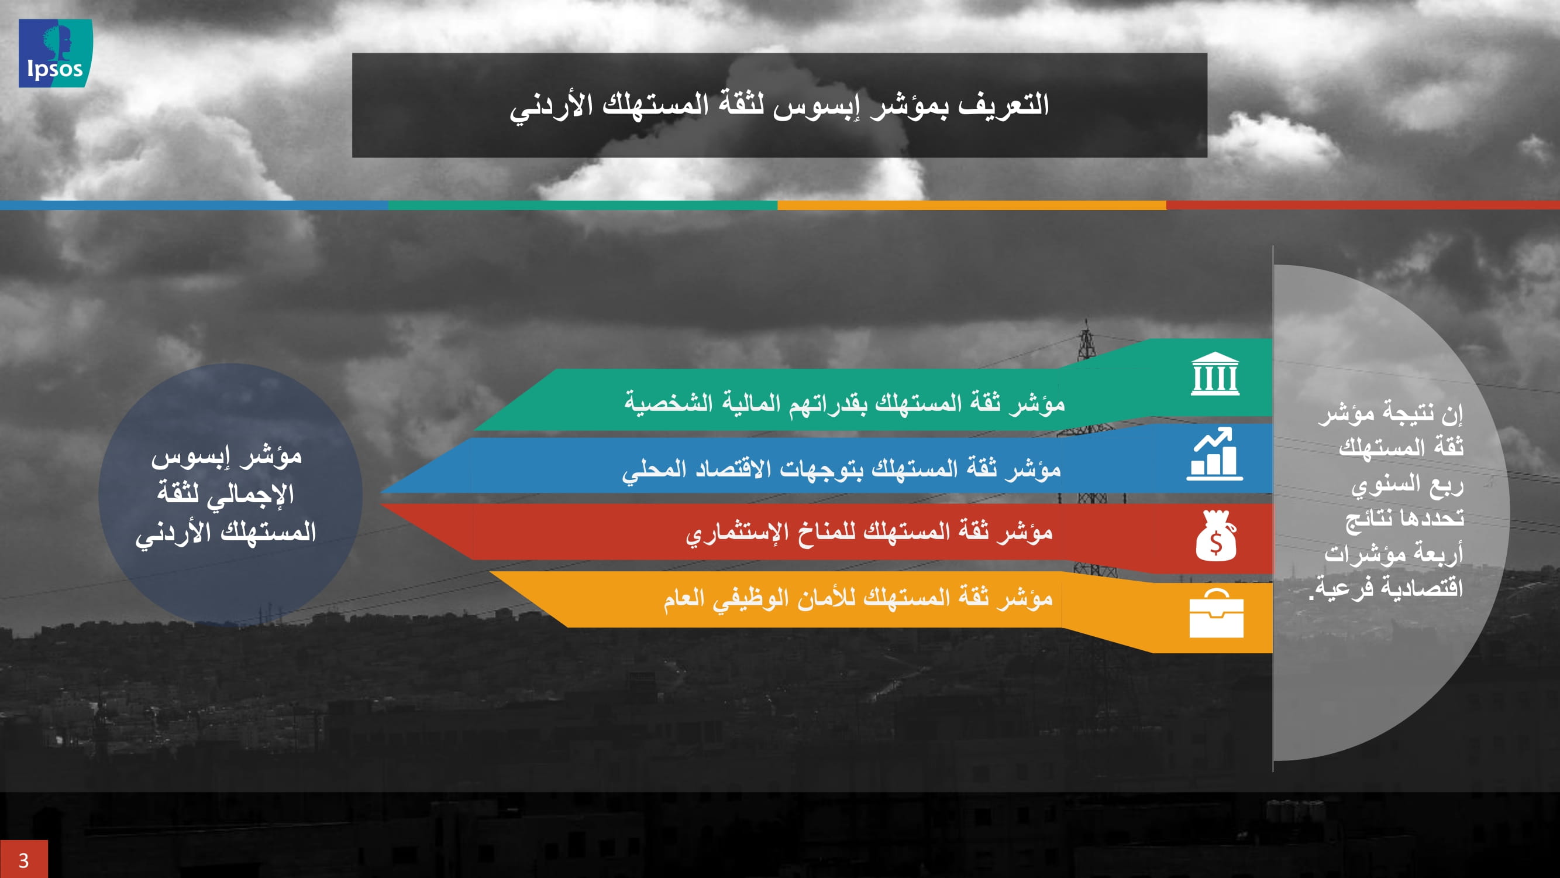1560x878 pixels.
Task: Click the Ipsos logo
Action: coord(55,53)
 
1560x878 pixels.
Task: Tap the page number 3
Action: coord(23,860)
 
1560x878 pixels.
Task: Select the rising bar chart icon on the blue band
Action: coord(1214,454)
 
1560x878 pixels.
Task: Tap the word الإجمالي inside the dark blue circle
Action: coord(248,494)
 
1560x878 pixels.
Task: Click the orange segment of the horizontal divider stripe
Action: coord(972,205)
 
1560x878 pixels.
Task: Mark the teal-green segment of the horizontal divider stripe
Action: coord(583,205)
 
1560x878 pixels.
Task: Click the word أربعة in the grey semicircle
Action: coord(1439,553)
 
